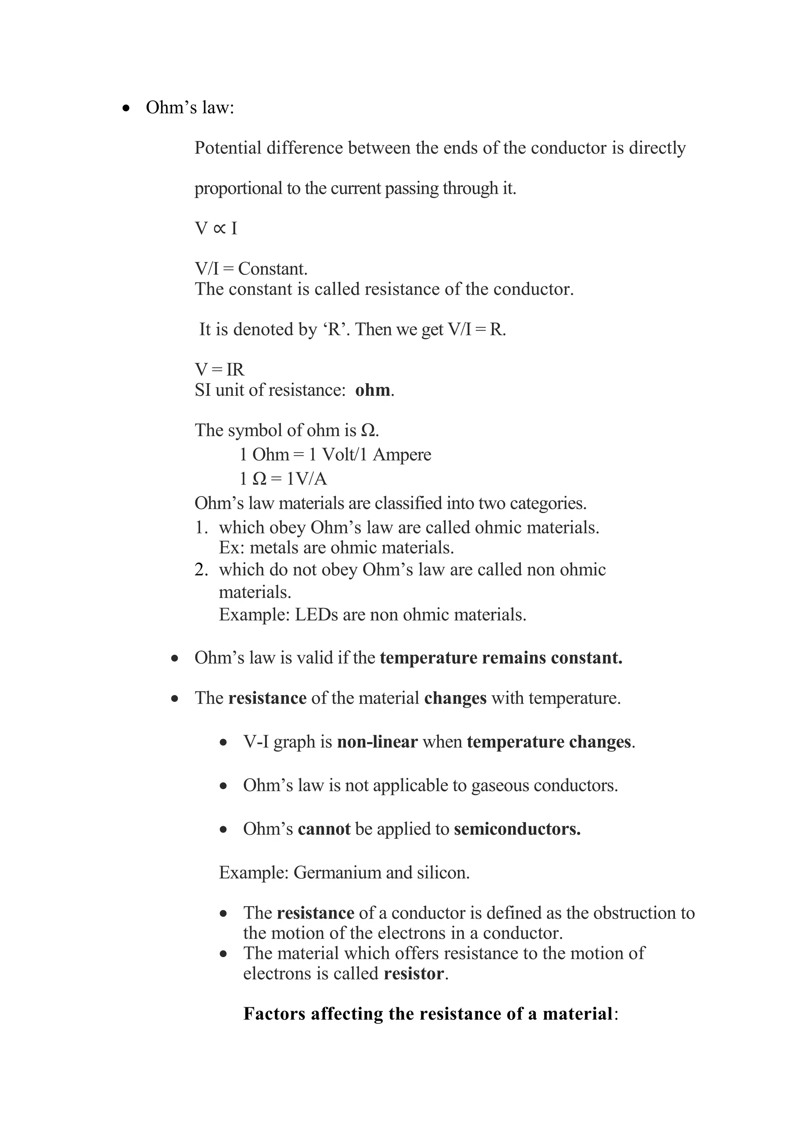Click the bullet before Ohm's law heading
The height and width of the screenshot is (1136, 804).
(127, 108)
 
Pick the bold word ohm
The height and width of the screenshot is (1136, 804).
(373, 390)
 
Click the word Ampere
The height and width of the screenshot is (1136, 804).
(402, 454)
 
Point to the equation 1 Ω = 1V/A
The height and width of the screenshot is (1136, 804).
(283, 479)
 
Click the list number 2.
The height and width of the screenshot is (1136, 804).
(201, 570)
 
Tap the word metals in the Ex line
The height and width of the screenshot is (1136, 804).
(272, 547)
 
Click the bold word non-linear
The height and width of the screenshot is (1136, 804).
(377, 742)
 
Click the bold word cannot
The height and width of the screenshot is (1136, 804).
(324, 829)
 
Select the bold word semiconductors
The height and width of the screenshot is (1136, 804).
(517, 829)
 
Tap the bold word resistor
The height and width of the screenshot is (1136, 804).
(414, 973)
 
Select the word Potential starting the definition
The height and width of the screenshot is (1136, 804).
(228, 147)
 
